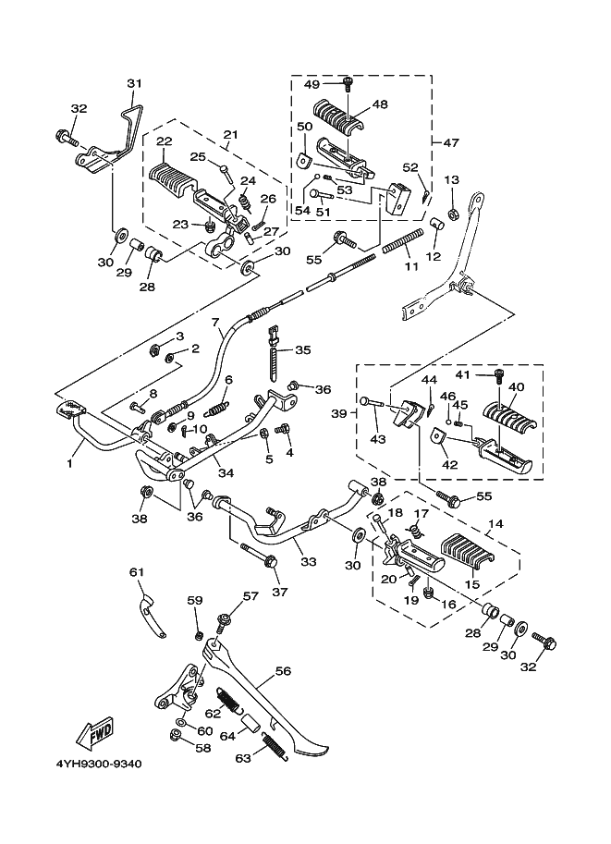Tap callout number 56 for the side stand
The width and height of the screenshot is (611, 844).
pyautogui.click(x=283, y=672)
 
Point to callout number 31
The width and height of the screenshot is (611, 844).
pyautogui.click(x=135, y=84)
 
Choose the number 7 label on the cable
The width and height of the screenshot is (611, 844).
pyautogui.click(x=214, y=322)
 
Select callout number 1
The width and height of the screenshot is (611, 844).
pyautogui.click(x=68, y=465)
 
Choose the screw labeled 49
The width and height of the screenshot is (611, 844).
pyautogui.click(x=348, y=84)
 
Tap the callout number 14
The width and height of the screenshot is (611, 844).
pyautogui.click(x=495, y=523)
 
